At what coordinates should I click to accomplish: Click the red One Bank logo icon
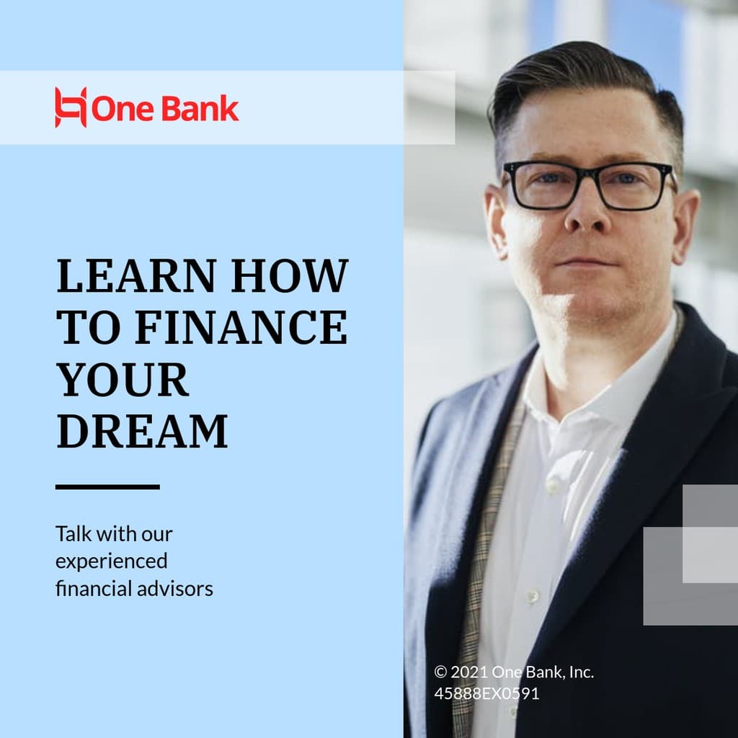(71, 108)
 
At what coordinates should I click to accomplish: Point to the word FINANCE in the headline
(241, 327)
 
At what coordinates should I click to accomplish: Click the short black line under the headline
(107, 487)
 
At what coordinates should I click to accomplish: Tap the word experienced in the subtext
(111, 561)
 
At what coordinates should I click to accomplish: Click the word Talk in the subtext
(74, 534)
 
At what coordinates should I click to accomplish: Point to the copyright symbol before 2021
(440, 672)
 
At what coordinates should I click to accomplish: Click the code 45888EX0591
(486, 694)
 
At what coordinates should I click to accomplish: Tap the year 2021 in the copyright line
(469, 672)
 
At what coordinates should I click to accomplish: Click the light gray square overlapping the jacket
(710, 554)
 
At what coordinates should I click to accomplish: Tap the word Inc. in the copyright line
(581, 672)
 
